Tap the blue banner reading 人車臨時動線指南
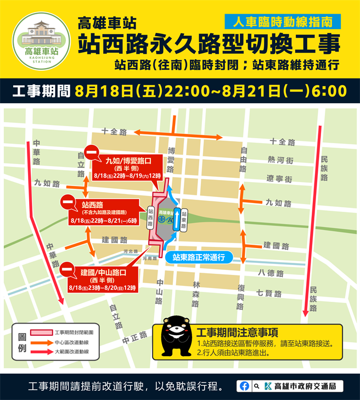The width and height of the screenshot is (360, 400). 282,22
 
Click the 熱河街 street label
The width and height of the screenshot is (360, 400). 280,160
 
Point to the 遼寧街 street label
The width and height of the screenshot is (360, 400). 280,179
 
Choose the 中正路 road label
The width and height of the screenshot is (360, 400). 134,337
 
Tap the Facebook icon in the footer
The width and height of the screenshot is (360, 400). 245,386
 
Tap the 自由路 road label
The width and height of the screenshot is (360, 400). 244,159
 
